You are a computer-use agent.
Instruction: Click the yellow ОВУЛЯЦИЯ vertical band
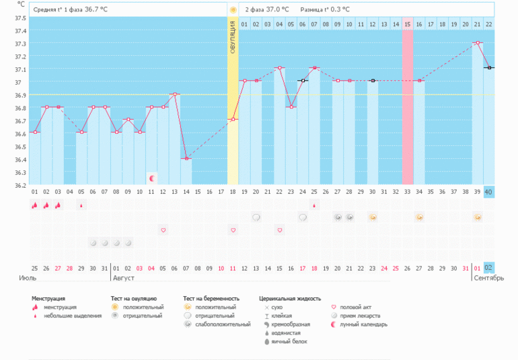233,101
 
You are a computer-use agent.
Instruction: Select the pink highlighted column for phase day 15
408,101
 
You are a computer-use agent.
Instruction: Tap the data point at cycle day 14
186,158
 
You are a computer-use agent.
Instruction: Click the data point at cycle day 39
478,42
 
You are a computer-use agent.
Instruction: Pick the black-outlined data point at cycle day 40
489,68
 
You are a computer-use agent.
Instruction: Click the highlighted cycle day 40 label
489,192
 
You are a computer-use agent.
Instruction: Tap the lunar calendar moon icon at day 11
152,178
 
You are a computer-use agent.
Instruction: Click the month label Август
124,277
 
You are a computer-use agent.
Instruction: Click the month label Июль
27,277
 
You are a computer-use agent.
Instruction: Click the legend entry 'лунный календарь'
363,324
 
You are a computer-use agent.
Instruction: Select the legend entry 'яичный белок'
286,342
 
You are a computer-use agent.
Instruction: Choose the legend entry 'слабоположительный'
215,324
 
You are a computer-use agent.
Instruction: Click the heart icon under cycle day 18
233,230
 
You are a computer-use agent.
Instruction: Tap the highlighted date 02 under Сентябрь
489,267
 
